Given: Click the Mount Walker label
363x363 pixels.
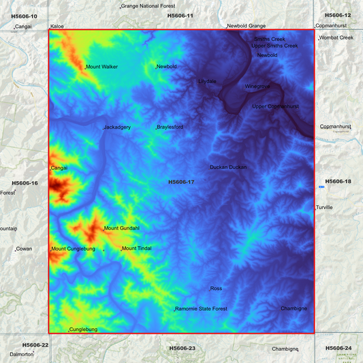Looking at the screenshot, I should [x=101, y=67].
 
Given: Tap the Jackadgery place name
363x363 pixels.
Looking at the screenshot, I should [x=117, y=127].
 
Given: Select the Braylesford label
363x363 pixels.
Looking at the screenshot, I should [x=170, y=127].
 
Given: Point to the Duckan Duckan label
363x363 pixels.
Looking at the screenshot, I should [x=228, y=167].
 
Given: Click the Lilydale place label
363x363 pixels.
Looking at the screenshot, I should [x=207, y=81].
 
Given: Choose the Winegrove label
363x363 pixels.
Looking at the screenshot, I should [x=257, y=86].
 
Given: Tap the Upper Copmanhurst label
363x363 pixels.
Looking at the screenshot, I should [x=275, y=106].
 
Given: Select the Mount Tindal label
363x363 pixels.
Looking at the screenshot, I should [x=137, y=249].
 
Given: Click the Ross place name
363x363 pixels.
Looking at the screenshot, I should [x=217, y=289].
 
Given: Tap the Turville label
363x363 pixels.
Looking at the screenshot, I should [x=324, y=207].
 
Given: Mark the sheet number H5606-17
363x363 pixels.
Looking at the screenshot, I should [x=181, y=182].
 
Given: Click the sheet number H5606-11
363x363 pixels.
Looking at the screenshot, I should [x=180, y=15].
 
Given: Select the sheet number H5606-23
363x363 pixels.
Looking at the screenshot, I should [x=182, y=348].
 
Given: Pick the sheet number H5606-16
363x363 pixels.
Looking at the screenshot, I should [x=25, y=183].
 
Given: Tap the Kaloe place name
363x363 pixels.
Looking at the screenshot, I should [x=57, y=27].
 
